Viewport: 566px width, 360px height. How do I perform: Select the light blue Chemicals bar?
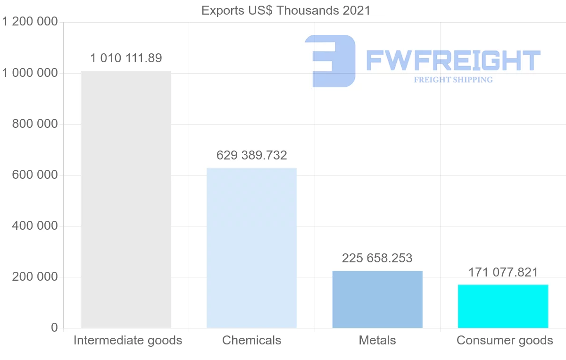click(x=252, y=248)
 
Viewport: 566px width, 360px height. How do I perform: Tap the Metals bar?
click(x=377, y=299)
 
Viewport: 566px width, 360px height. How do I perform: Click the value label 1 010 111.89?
click(x=126, y=59)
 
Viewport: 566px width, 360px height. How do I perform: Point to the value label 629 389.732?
click(x=252, y=155)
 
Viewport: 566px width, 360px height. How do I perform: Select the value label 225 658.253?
click(x=377, y=259)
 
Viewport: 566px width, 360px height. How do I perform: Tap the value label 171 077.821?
click(x=503, y=272)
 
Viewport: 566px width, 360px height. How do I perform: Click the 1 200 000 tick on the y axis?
click(x=30, y=22)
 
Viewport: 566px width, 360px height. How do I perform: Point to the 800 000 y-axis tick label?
click(x=34, y=124)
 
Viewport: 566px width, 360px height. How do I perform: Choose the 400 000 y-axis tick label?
click(x=34, y=226)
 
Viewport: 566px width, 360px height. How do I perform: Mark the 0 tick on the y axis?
click(x=54, y=328)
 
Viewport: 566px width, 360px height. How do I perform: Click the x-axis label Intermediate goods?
click(x=128, y=340)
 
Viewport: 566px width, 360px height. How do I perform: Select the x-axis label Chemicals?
click(x=251, y=340)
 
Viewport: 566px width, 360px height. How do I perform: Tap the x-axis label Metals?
click(x=377, y=340)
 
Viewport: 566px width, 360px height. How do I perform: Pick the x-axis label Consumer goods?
click(x=505, y=340)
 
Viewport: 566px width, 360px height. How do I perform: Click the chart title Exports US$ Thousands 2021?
click(x=286, y=10)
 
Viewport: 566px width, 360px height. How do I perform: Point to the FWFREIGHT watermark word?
click(x=453, y=60)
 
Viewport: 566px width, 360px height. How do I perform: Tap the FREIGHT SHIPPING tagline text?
click(x=453, y=80)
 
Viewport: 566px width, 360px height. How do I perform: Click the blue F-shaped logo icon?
click(x=330, y=61)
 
